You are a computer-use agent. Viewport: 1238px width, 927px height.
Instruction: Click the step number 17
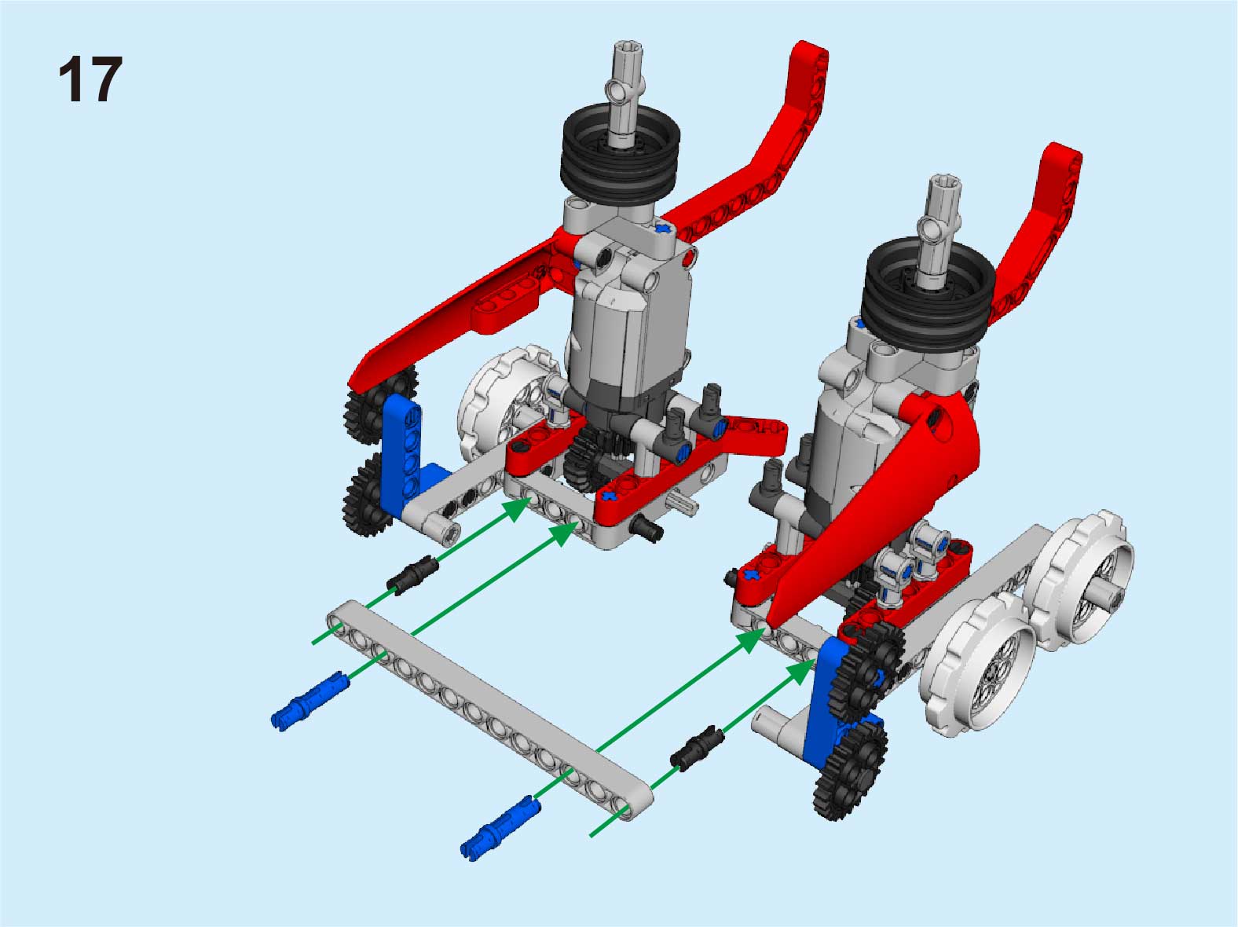(x=90, y=79)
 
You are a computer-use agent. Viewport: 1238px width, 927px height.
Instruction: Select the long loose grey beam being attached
(x=489, y=710)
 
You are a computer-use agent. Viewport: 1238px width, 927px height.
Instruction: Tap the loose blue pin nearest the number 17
(x=310, y=701)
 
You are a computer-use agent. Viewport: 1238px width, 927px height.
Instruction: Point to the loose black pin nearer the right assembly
(x=697, y=748)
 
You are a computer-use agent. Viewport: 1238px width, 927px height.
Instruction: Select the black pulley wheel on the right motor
(x=928, y=292)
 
